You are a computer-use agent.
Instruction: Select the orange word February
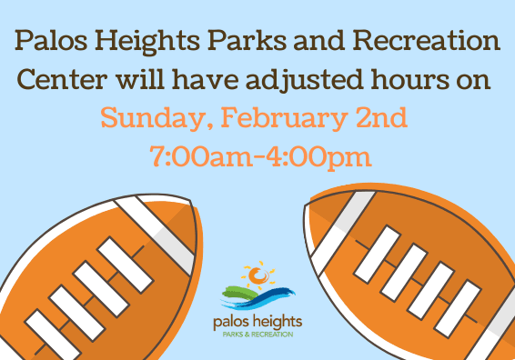coord(274,119)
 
